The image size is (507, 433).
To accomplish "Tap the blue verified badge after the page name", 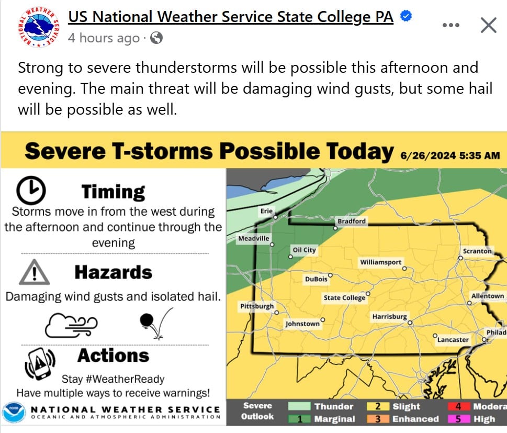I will pos(405,16).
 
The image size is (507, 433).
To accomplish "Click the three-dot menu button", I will pos(451,25).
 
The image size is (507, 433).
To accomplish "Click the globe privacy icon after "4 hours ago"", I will pos(156,38).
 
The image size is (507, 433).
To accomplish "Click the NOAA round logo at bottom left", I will pos(13,413).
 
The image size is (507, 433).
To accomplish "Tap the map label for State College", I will pos(344,298).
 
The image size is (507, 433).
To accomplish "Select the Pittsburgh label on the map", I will pos(256,306).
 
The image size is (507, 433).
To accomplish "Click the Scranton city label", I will pos(477,251).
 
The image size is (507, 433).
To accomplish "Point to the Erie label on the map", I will pos(266,210).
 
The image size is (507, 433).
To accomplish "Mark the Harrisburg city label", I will pos(389,317).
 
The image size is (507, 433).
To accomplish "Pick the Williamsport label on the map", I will pos(380,262).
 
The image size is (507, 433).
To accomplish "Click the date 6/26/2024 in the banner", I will pos(427,155).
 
